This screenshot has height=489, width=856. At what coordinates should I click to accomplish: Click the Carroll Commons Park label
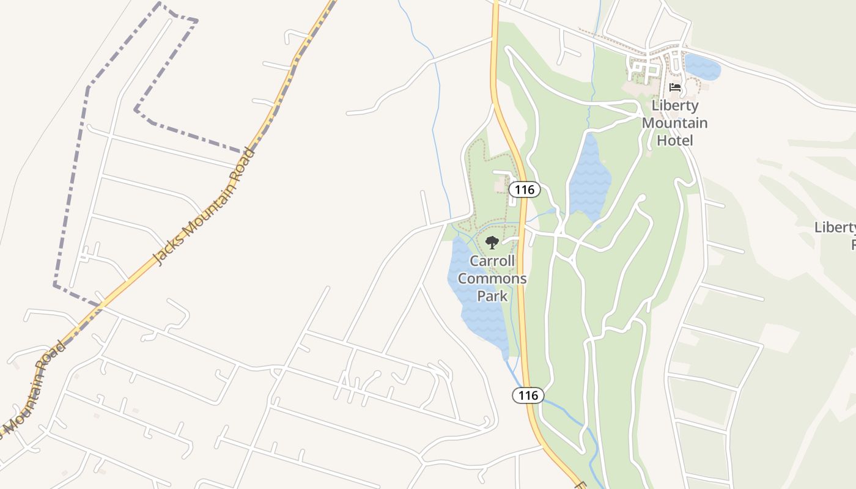click(x=492, y=279)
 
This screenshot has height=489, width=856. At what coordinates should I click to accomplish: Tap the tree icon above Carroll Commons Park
click(x=492, y=243)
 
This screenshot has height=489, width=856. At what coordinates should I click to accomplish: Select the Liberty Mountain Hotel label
click(x=675, y=123)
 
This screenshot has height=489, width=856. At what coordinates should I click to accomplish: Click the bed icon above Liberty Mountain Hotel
click(x=675, y=87)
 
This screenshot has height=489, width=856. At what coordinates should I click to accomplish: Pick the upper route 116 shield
click(x=525, y=189)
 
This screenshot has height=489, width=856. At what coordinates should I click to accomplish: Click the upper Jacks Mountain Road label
click(x=204, y=206)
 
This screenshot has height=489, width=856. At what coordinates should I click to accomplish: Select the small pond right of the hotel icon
click(x=702, y=67)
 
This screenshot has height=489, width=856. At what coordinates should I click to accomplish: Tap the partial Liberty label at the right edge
click(x=835, y=228)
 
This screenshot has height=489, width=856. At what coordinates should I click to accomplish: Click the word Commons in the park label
click(x=492, y=279)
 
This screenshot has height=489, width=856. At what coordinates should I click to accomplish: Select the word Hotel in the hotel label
click(x=675, y=141)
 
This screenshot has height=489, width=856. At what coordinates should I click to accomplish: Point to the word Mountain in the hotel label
click(x=675, y=123)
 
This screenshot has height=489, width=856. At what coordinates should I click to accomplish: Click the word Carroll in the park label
click(x=492, y=261)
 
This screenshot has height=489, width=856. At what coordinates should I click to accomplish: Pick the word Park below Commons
click(x=492, y=296)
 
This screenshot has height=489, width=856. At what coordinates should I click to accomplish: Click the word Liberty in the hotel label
click(x=675, y=105)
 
